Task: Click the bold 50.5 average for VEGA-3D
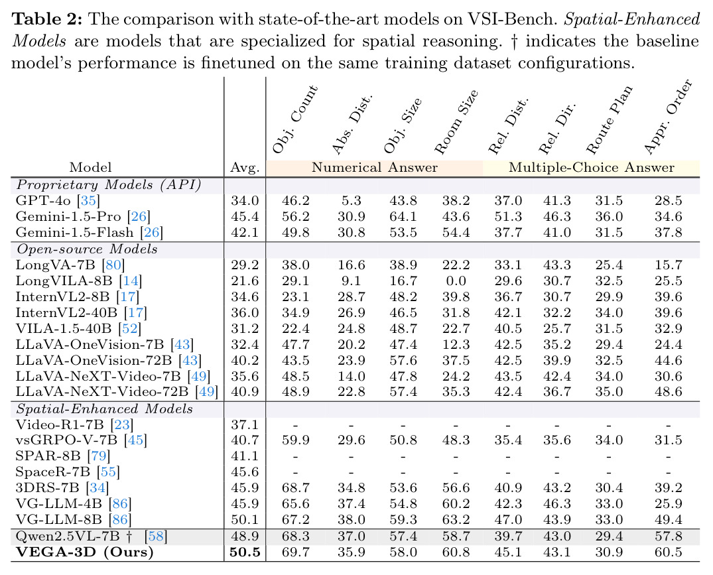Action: (245, 552)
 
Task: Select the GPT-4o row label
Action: (57, 200)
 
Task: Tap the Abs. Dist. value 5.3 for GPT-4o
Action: (351, 200)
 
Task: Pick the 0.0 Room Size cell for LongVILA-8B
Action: (456, 281)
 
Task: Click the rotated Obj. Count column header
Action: (294, 119)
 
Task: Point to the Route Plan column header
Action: (609, 119)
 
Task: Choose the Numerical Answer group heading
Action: (374, 167)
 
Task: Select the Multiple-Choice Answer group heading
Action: (592, 167)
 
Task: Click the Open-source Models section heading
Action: (87, 249)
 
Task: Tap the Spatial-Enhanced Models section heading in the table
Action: (105, 409)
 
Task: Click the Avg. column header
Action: (245, 168)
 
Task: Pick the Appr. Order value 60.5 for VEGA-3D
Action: (669, 552)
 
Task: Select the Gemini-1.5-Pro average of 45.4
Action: (245, 216)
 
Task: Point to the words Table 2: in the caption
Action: (47, 19)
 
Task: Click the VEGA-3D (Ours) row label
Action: (85, 552)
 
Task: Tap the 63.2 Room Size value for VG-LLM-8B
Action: (456, 519)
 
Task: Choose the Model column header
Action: (90, 167)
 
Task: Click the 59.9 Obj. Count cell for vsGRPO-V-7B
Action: (296, 440)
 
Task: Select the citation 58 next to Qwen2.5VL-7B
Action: (155, 537)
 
